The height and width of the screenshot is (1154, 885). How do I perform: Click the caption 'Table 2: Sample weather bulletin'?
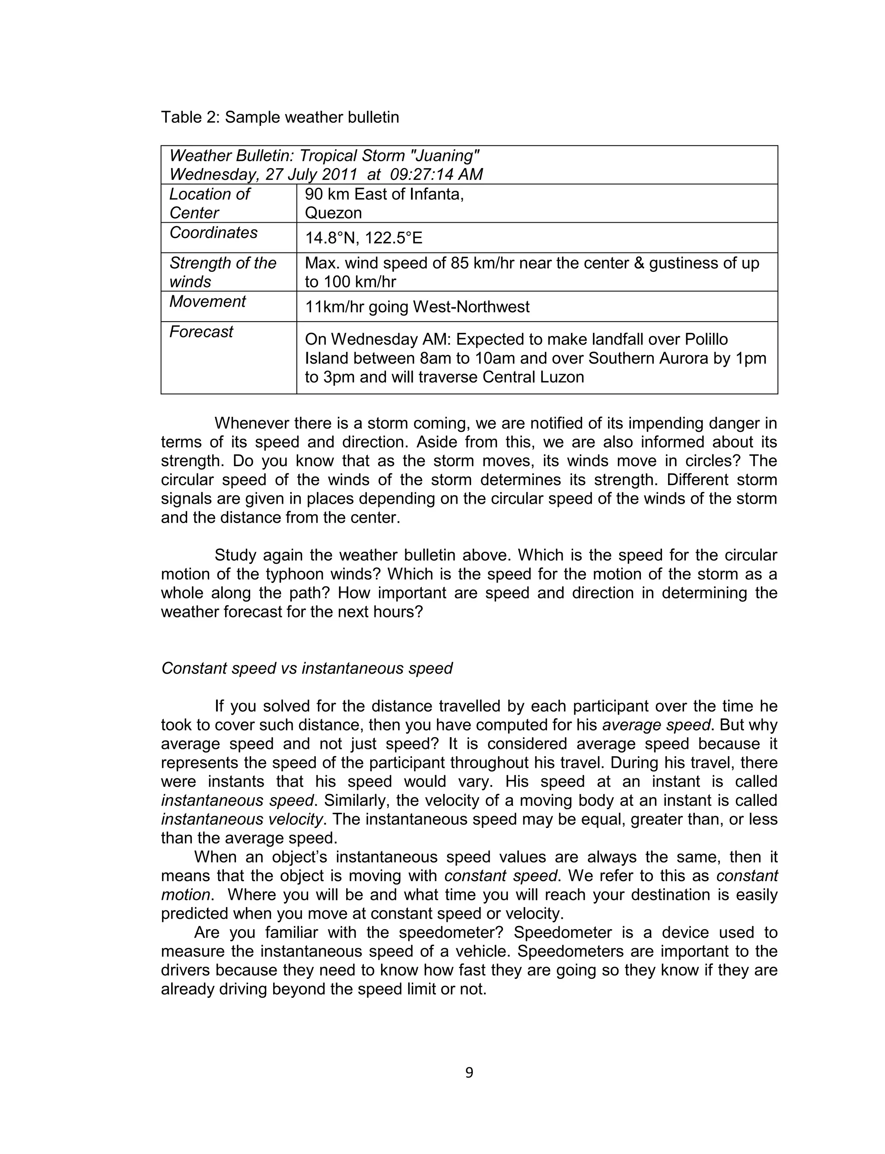click(280, 117)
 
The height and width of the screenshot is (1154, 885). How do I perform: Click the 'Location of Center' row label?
click(209, 203)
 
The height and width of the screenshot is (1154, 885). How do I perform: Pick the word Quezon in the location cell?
click(333, 213)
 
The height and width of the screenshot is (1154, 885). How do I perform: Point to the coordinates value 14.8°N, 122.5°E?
click(363, 238)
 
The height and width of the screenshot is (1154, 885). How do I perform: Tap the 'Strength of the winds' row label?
click(222, 272)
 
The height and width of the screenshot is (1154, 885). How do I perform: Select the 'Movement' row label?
click(207, 301)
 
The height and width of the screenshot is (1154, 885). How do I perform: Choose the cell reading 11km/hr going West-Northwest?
click(417, 307)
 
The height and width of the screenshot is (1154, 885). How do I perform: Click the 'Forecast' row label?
click(201, 332)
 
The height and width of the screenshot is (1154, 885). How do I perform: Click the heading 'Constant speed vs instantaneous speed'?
click(306, 668)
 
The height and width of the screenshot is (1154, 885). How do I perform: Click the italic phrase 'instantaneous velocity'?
click(242, 819)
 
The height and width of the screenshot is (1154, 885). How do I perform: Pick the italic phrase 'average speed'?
click(656, 725)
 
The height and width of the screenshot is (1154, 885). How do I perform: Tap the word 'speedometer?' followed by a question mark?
click(452, 933)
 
